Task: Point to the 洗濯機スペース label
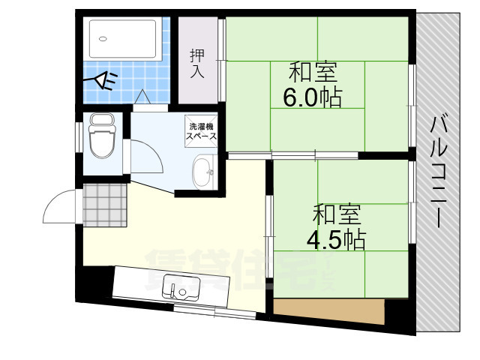202,132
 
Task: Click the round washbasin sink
202,173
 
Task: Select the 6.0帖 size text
312,97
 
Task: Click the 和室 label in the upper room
313,73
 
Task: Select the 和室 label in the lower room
337,214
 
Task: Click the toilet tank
99,121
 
